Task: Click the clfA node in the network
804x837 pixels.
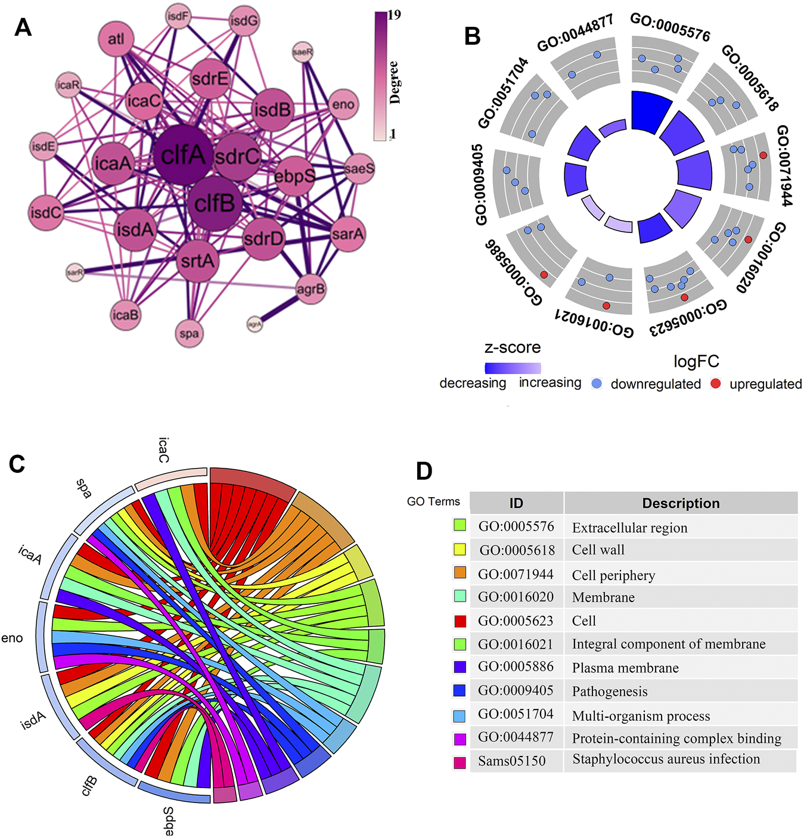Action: click(x=183, y=155)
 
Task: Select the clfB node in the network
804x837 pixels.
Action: click(x=215, y=203)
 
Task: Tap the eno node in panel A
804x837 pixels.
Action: click(x=343, y=105)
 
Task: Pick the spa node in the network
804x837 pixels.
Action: click(x=189, y=333)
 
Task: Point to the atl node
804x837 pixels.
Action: click(x=116, y=39)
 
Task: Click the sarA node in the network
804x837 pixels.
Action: click(x=347, y=234)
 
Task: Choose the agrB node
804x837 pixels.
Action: click(x=311, y=290)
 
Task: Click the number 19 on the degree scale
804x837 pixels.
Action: click(x=394, y=15)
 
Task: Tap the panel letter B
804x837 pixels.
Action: click(x=472, y=36)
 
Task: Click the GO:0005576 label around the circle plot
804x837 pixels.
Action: click(x=670, y=27)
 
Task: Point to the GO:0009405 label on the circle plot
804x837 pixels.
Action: click(x=480, y=185)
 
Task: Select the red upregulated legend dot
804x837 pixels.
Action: click(x=716, y=383)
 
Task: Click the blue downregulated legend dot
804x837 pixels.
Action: click(x=597, y=383)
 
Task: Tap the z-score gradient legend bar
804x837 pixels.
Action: click(x=513, y=368)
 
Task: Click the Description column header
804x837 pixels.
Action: click(x=681, y=503)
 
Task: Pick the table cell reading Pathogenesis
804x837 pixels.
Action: click(x=610, y=692)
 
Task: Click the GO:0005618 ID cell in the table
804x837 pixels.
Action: click(x=517, y=550)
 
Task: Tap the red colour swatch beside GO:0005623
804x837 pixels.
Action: click(x=460, y=621)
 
